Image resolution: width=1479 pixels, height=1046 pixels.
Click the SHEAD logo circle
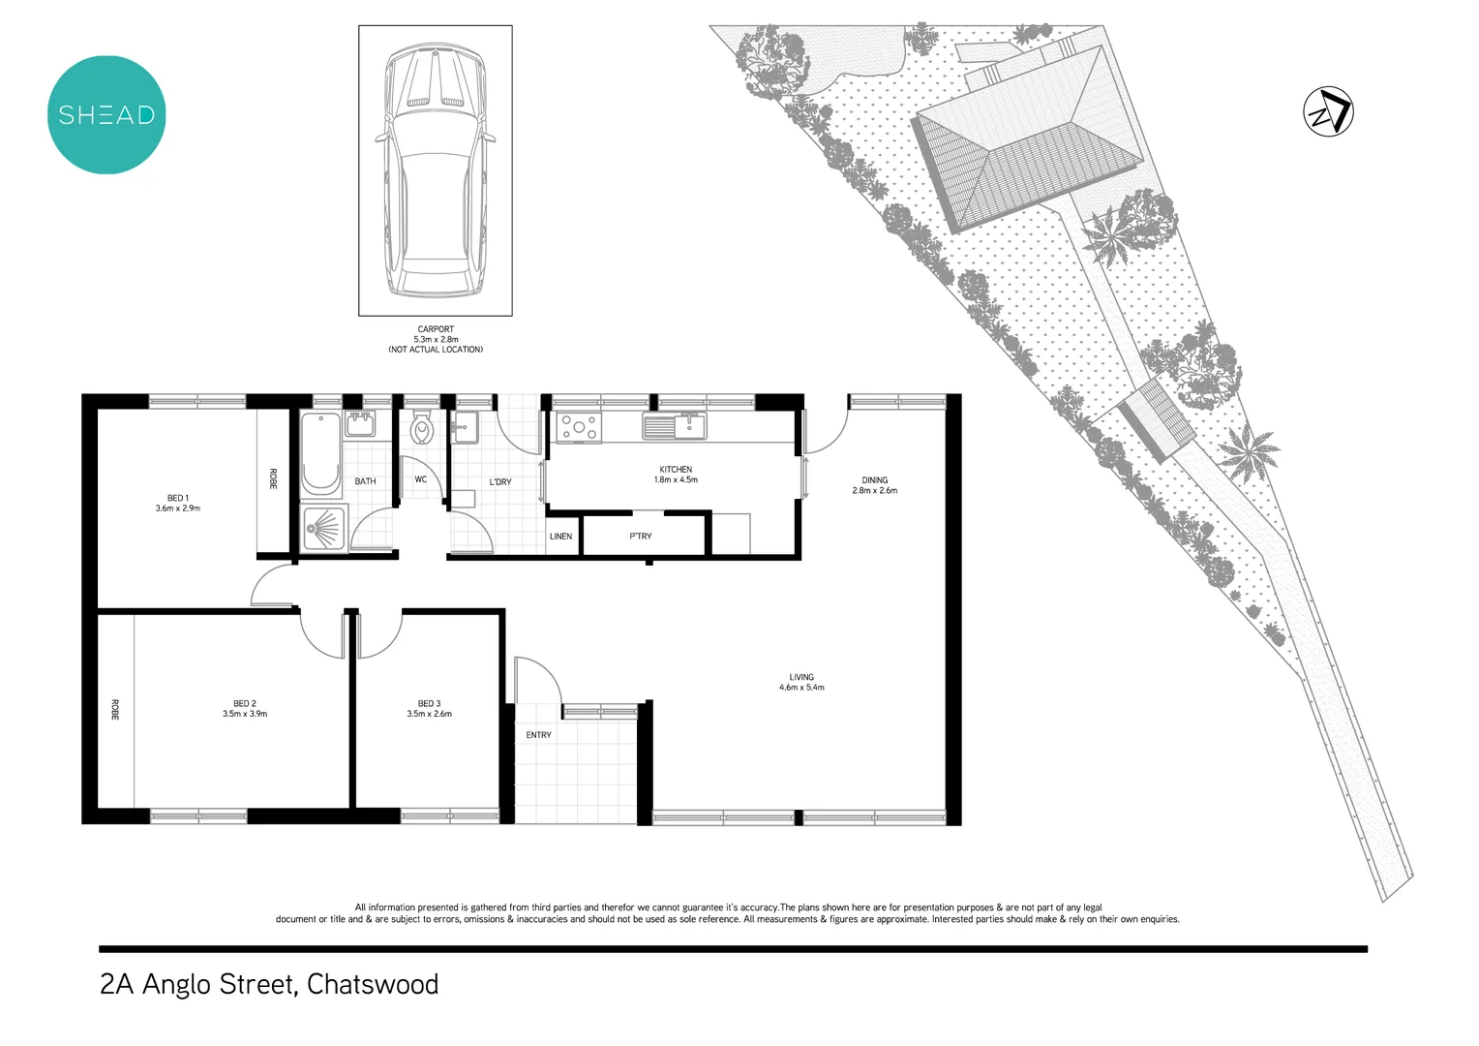106,115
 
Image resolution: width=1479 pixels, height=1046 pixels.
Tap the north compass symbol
1328,111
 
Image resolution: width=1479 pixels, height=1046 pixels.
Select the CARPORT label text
436,329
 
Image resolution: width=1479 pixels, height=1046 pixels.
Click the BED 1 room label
177,498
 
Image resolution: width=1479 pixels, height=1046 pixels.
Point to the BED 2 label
245,704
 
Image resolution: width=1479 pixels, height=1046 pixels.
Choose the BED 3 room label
429,704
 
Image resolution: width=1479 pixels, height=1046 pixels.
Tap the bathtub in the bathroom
320,453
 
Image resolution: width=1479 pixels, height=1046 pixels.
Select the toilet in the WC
421,429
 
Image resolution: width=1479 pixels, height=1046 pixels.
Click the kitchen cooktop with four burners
579,427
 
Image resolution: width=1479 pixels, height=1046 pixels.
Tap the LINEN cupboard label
561,537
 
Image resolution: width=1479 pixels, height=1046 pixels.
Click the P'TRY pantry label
641,537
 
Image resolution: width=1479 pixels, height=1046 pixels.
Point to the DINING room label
874,480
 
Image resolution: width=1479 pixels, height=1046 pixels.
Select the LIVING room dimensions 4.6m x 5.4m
801,688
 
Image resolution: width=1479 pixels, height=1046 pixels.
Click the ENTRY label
538,735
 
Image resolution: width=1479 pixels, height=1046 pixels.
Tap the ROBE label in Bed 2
114,709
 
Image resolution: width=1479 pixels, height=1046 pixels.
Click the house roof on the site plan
1026,145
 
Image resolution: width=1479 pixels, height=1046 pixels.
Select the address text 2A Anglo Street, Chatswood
269,984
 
